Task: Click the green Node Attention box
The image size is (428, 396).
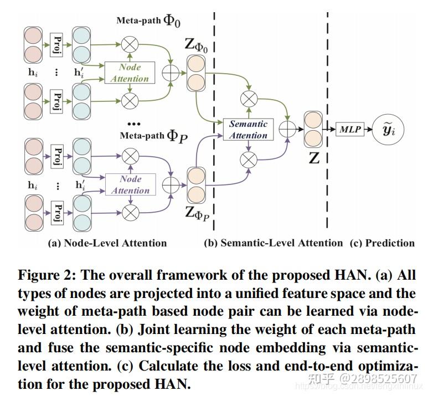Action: pyautogui.click(x=131, y=73)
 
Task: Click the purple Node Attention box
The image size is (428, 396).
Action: pyautogui.click(x=131, y=184)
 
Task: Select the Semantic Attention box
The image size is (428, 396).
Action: pyautogui.click(x=248, y=130)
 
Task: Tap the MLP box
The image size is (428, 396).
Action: pyautogui.click(x=350, y=130)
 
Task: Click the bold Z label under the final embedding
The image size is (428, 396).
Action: pyautogui.click(x=314, y=158)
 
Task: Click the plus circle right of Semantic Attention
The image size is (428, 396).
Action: pyautogui.click(x=287, y=129)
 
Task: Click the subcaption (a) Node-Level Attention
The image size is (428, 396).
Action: pyautogui.click(x=107, y=243)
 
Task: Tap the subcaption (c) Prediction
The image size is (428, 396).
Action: pyautogui.click(x=382, y=243)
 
